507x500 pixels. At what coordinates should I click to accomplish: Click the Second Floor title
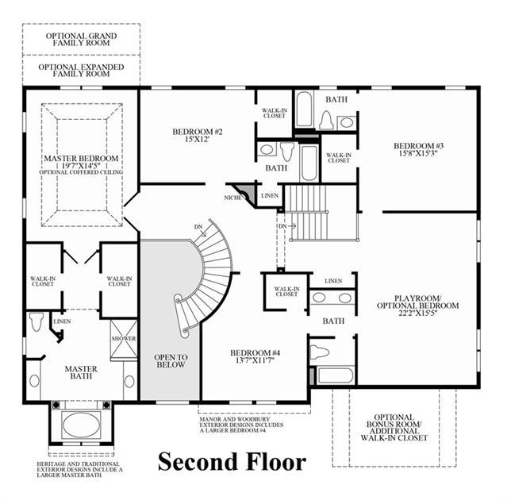[232, 462]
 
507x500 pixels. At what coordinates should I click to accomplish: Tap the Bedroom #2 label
[198, 132]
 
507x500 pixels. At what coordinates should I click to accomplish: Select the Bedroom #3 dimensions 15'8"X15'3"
[418, 153]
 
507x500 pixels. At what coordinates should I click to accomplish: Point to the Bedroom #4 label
[255, 353]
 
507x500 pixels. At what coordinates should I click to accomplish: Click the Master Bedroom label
[81, 159]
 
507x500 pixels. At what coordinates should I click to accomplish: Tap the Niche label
[232, 198]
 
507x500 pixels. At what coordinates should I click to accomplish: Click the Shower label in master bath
[124, 339]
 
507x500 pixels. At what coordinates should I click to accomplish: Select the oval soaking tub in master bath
[82, 425]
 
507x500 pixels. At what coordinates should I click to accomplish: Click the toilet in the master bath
[36, 321]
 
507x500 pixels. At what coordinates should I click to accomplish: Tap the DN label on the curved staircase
[198, 227]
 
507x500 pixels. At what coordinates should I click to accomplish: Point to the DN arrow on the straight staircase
[292, 226]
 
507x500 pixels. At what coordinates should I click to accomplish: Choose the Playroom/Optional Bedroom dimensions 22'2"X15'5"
[418, 313]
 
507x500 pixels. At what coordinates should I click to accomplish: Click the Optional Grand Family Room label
[81, 39]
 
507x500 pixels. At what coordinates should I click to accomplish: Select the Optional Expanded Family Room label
[81, 70]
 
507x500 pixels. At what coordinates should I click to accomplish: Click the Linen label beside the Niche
[270, 196]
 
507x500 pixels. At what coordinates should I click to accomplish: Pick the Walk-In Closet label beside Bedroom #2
[275, 113]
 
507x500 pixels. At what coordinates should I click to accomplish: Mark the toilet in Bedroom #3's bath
[326, 121]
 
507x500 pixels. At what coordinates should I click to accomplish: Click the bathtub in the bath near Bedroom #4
[336, 375]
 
